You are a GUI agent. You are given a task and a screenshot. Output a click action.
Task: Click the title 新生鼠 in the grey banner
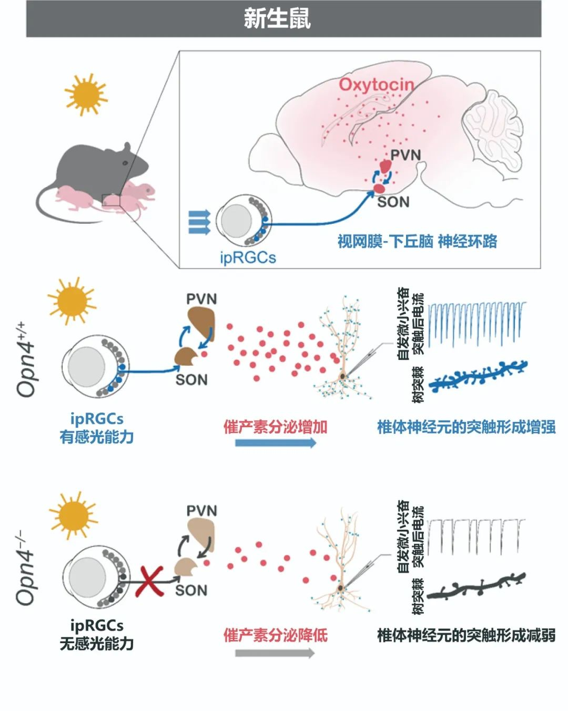pyautogui.click(x=277, y=18)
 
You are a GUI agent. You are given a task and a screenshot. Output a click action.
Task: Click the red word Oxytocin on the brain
pyautogui.click(x=376, y=84)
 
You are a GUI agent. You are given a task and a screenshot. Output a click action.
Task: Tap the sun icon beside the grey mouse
pyautogui.click(x=86, y=94)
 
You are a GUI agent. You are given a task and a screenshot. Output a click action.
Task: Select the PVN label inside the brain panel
pyautogui.click(x=405, y=154)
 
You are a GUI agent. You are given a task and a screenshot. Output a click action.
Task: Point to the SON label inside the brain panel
pyautogui.click(x=393, y=202)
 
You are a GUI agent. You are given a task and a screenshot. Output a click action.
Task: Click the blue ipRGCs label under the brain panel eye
pyautogui.click(x=248, y=257)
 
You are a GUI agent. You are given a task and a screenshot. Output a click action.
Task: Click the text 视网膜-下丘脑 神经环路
pyautogui.click(x=417, y=241)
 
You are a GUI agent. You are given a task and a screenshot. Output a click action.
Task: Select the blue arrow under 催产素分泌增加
pyautogui.click(x=276, y=442)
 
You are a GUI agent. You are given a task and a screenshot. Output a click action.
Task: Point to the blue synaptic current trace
pyautogui.click(x=476, y=323)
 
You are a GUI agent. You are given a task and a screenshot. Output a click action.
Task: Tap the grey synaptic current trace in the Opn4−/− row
pyautogui.click(x=476, y=536)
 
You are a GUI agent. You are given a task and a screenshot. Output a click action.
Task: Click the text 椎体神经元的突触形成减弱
pyautogui.click(x=466, y=635)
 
